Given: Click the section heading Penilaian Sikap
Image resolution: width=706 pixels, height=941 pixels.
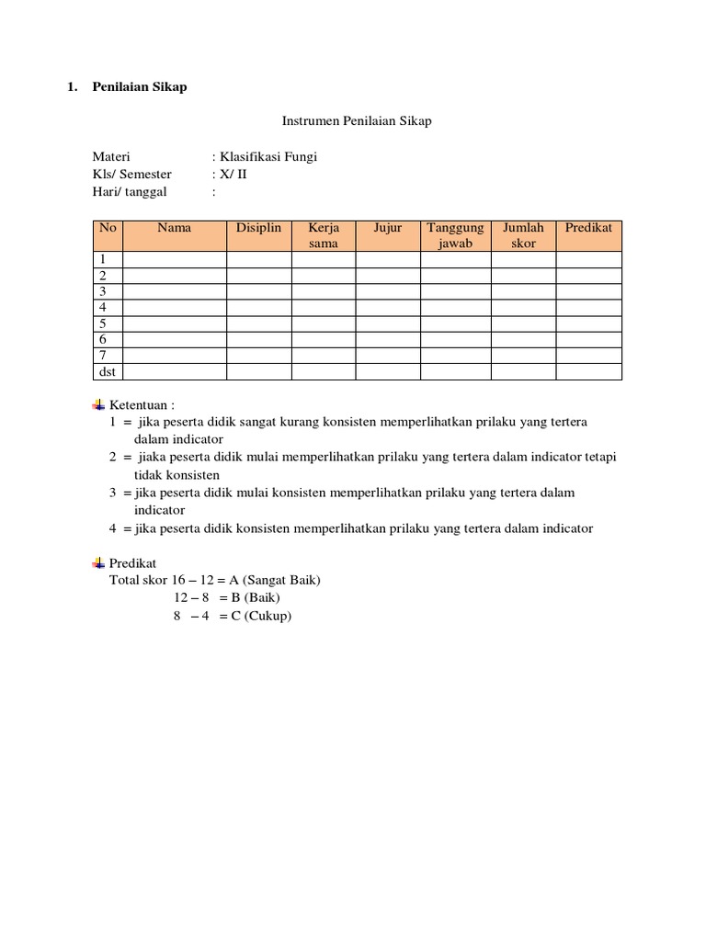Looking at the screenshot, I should click(x=139, y=87).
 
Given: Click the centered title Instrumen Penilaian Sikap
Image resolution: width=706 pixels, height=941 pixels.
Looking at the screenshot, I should click(x=356, y=120).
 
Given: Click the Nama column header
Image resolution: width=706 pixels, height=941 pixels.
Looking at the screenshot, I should click(x=174, y=228).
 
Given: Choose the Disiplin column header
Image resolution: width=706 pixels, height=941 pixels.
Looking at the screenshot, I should click(x=258, y=228).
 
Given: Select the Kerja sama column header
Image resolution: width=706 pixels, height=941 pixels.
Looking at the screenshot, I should click(x=324, y=235).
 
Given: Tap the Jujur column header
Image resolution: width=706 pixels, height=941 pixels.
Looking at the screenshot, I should click(x=388, y=228).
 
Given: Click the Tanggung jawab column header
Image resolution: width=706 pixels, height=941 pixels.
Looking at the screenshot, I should click(x=455, y=235).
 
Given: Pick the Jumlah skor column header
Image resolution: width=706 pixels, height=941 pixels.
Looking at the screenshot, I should click(x=523, y=235).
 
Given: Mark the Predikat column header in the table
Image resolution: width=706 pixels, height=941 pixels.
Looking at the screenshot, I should click(x=588, y=228).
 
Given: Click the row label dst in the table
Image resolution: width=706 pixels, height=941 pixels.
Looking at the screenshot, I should click(x=107, y=371).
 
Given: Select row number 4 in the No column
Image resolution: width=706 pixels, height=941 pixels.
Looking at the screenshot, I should click(x=104, y=307).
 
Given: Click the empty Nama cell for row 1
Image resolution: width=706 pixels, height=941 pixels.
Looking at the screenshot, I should click(x=174, y=259).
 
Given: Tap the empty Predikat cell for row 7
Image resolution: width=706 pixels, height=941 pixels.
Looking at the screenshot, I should click(x=588, y=355).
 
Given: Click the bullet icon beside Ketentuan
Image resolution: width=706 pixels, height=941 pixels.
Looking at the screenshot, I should click(x=99, y=404).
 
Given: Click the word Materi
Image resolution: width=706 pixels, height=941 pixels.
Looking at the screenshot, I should click(x=111, y=157).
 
